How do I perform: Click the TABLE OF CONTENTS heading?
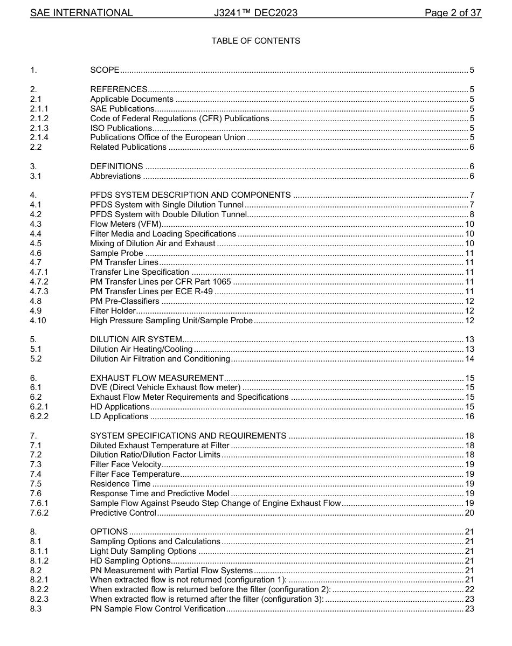(255, 41)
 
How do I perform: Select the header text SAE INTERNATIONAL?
(81, 13)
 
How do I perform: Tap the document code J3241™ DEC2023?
(255, 13)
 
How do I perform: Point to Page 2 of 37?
(453, 13)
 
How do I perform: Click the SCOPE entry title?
(105, 70)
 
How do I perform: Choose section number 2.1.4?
(39, 137)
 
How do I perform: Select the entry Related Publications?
(128, 147)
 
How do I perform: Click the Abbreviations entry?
(115, 176)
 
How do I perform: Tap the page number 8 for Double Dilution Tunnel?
(472, 214)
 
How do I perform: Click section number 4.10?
(38, 321)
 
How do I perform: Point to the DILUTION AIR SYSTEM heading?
(136, 339)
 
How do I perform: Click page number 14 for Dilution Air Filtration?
(469, 359)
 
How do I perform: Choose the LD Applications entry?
(119, 416)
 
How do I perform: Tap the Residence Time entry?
(120, 484)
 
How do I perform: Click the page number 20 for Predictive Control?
(469, 513)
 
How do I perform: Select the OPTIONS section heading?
(109, 532)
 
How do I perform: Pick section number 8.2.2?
(39, 589)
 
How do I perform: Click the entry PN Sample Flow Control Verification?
(157, 609)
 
